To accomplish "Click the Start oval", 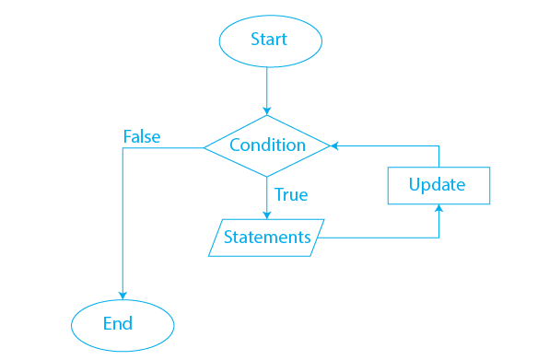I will click(269, 40).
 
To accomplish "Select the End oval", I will click(123, 323).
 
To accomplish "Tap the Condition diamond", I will click(267, 145).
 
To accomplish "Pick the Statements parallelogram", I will click(267, 238).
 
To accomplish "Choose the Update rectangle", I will click(438, 186).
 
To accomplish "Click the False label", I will click(142, 137).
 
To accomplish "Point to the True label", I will click(291, 195).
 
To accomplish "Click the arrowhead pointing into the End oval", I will click(123, 293).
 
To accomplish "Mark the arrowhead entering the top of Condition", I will click(267, 110).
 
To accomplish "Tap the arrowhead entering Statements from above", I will click(267, 214).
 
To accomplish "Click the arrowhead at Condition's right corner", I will click(335, 145).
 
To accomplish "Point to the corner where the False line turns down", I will click(123, 146).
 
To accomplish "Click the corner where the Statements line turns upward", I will click(438, 238).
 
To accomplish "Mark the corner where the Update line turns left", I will click(438, 145).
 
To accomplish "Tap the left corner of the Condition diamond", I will click(204, 145).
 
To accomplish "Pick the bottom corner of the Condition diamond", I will click(267, 176).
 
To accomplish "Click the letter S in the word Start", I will click(255, 40).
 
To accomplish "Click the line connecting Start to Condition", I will click(267, 87).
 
